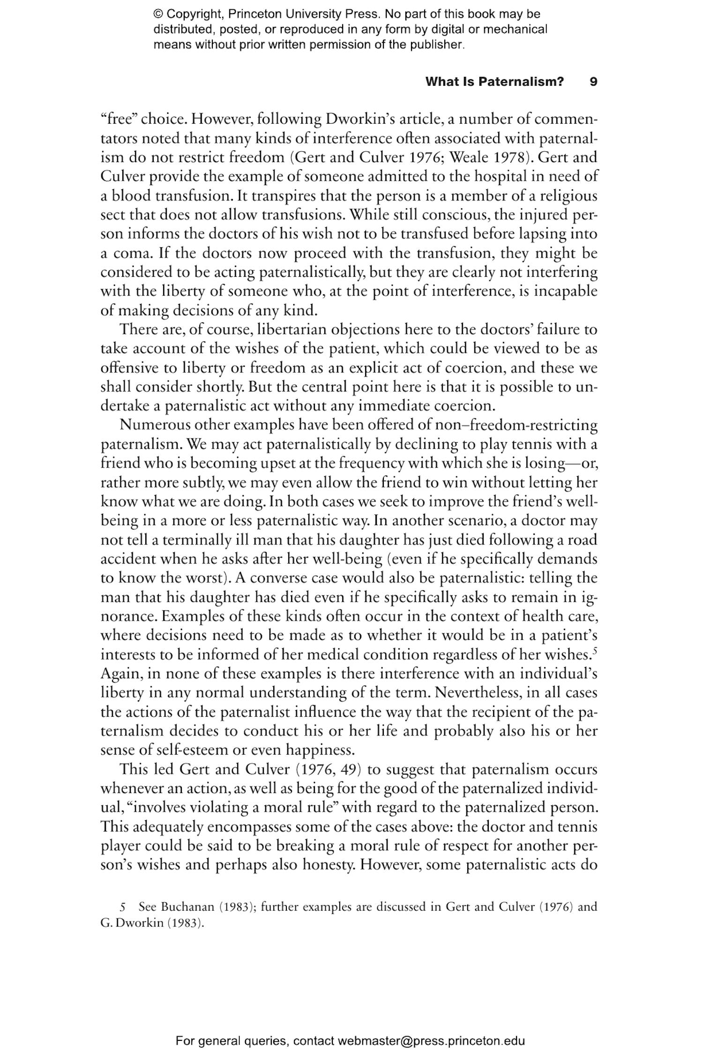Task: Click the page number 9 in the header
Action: pyautogui.click(x=593, y=82)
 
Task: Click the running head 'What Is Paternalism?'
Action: pyautogui.click(x=494, y=82)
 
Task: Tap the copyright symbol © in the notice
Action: pyautogui.click(x=157, y=14)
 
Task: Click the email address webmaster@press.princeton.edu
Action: pyautogui.click(x=431, y=1041)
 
